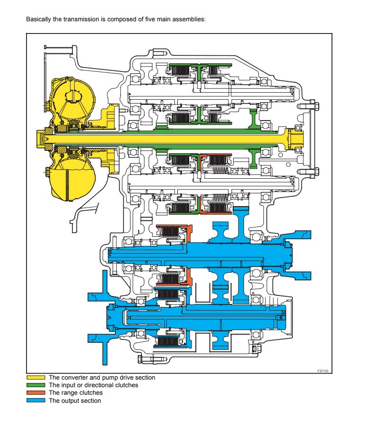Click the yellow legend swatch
click(36, 378)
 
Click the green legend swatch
click(36, 385)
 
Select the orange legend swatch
click(36, 393)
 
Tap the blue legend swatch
click(36, 401)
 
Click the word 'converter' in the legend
click(72, 378)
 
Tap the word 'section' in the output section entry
click(91, 401)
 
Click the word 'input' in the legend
click(68, 385)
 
